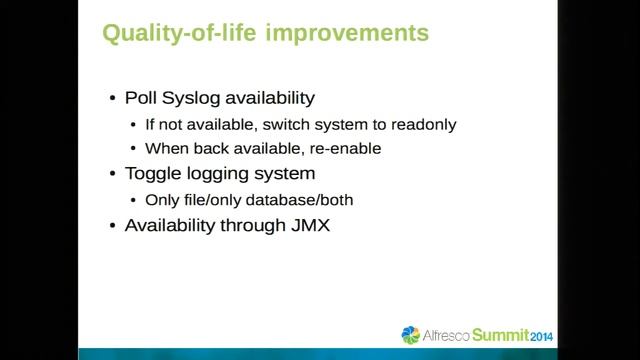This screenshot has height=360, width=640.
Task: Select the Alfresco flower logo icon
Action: [x=411, y=335]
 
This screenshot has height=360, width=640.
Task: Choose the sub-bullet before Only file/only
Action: [x=136, y=199]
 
